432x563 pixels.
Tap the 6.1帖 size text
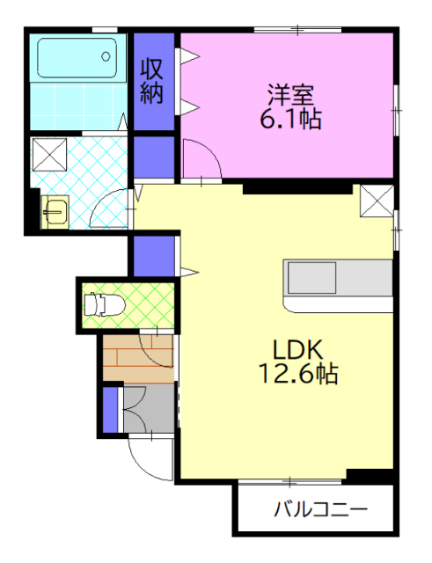click(289, 118)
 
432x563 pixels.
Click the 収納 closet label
click(154, 82)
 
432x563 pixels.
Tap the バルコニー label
click(319, 509)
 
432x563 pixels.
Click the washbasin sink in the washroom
click(55, 211)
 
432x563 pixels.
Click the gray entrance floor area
click(148, 408)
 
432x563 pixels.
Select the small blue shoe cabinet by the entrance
click(110, 409)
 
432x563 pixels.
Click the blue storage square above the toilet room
click(154, 255)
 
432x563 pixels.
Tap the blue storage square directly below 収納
click(154, 156)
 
